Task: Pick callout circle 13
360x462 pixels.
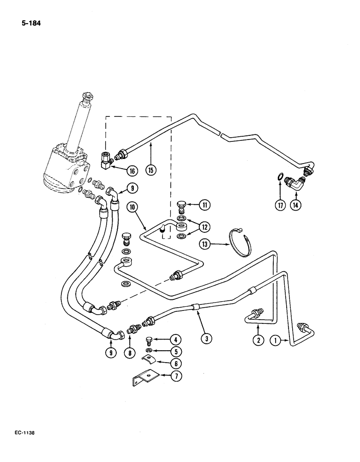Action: (x=206, y=243)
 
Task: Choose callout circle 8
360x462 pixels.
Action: (x=130, y=353)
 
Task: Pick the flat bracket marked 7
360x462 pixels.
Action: (x=143, y=380)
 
